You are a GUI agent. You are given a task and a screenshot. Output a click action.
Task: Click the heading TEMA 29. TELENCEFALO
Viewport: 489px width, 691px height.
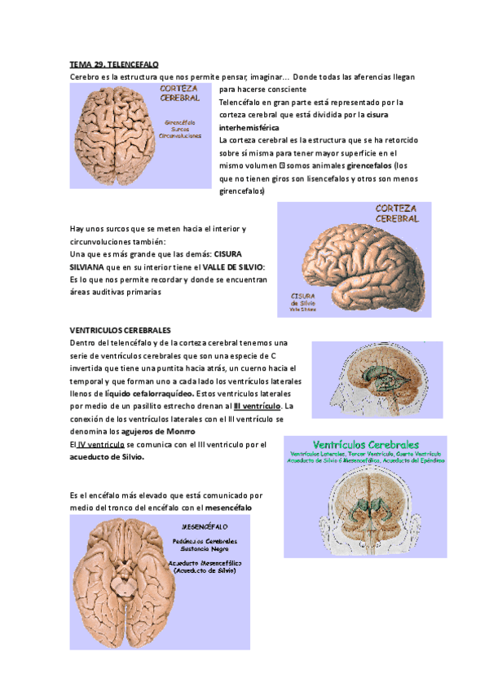114,64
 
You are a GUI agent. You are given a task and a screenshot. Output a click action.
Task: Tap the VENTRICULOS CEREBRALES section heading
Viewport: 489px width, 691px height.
121,330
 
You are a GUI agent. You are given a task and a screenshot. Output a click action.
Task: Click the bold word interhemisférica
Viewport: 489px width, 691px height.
249,128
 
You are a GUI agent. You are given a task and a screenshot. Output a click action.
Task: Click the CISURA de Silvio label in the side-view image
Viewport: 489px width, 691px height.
303,299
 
